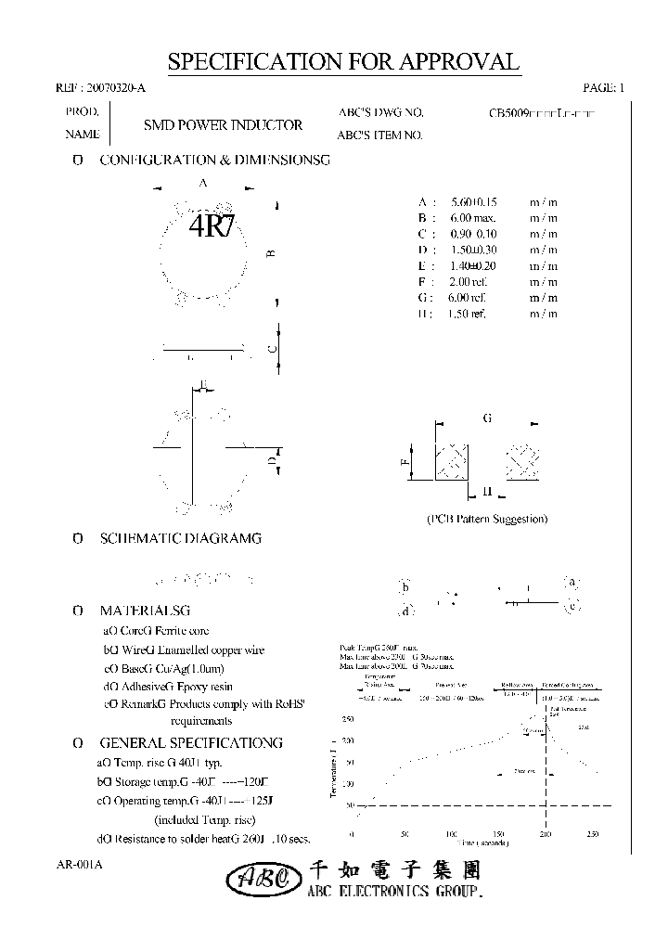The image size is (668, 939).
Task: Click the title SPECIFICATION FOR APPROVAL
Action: (x=343, y=62)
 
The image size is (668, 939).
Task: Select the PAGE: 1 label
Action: (x=604, y=88)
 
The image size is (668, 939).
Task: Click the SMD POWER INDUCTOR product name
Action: (x=223, y=124)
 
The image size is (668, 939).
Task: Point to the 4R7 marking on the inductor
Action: (x=212, y=227)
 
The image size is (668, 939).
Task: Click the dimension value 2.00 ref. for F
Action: (x=469, y=281)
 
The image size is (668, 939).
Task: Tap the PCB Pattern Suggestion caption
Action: (x=487, y=519)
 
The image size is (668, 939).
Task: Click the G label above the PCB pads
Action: (x=487, y=419)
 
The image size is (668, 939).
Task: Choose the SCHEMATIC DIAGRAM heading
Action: (x=180, y=538)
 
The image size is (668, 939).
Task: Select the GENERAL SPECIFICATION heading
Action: (x=190, y=743)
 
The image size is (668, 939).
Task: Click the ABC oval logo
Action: (x=263, y=878)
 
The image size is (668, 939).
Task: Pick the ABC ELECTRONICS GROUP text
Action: (x=395, y=892)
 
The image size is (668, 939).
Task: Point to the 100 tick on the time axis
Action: (x=452, y=834)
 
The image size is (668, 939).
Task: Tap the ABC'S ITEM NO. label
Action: (x=379, y=135)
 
